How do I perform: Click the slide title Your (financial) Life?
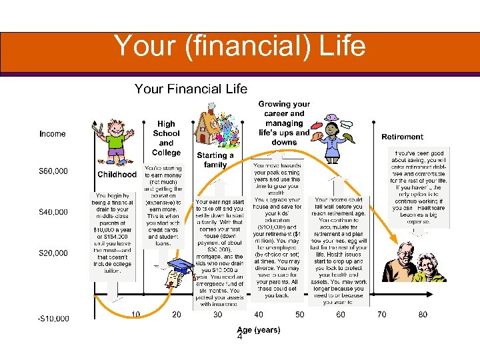coord(239,47)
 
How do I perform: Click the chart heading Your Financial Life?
coord(191,89)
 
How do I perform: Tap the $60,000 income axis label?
coord(53,171)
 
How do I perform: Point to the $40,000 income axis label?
coord(53,212)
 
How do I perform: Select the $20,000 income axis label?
coord(53,253)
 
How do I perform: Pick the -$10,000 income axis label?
coord(53,318)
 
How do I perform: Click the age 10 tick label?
coord(135,314)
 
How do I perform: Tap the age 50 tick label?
coord(299,314)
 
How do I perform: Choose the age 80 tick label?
coord(423,314)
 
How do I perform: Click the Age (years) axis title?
coord(259,329)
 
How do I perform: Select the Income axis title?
coord(53,134)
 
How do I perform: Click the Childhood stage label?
coord(117,175)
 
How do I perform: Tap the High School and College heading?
coord(166,138)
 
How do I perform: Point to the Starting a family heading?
coord(215,159)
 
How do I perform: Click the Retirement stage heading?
coord(402,137)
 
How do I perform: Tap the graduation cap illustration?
coord(181,271)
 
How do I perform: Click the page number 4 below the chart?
coord(240,337)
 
